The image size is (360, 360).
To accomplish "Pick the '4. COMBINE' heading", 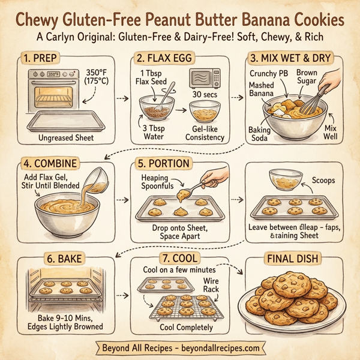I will pyautogui.click(x=50, y=163).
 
